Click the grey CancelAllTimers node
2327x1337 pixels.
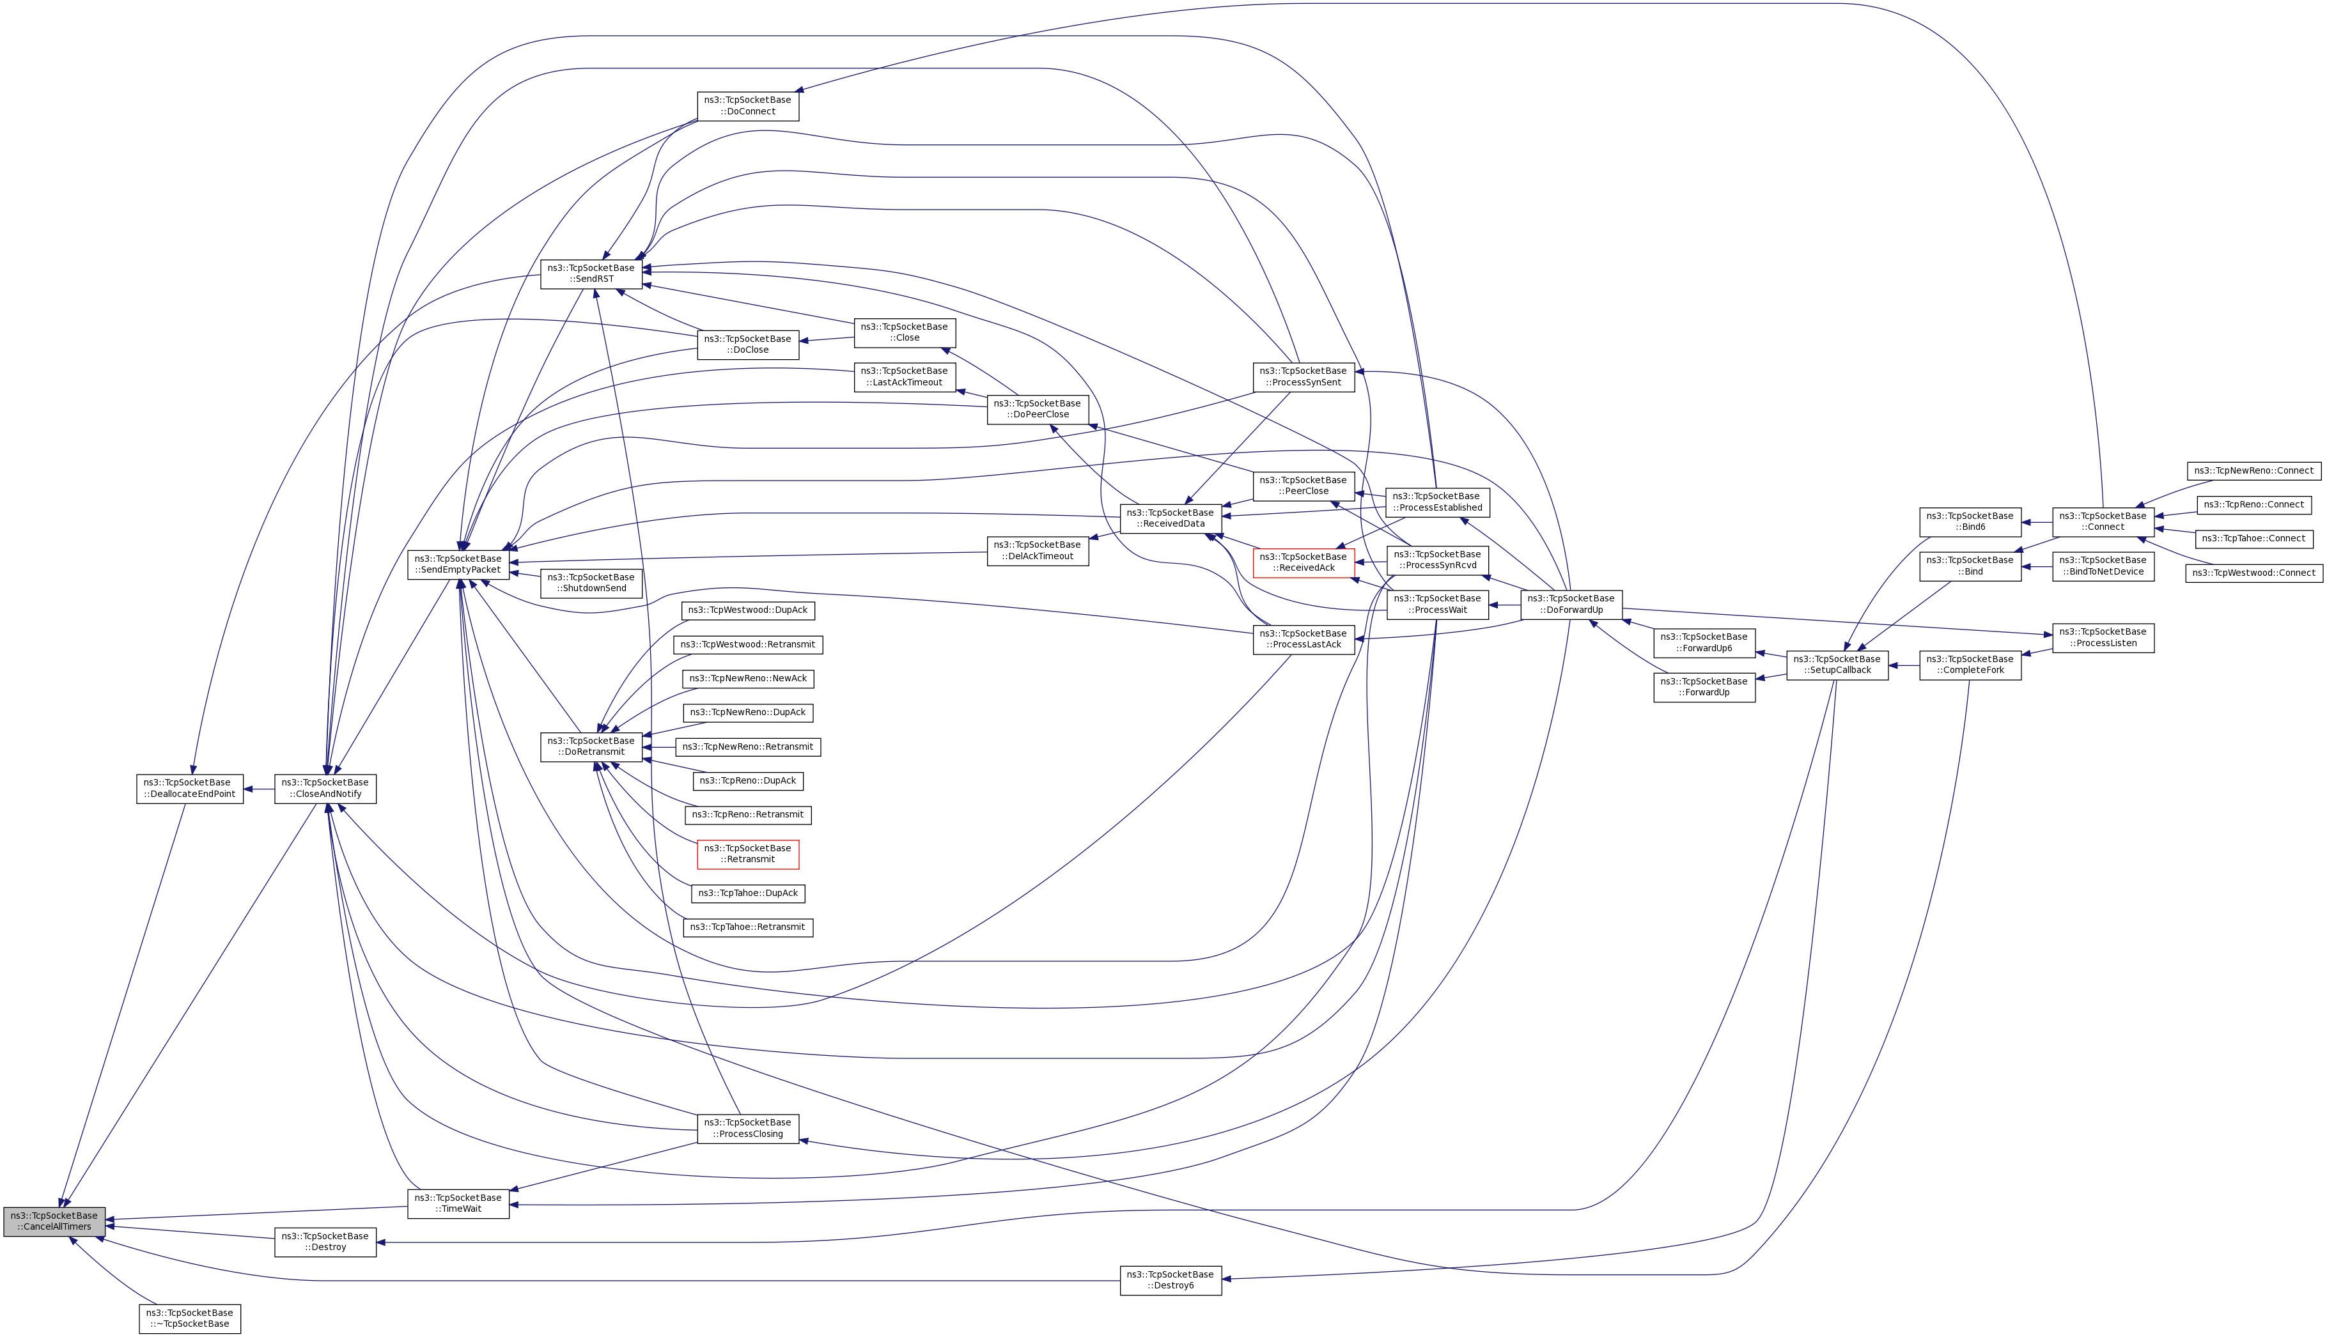pyautogui.click(x=54, y=1221)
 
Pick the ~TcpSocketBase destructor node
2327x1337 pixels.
pyautogui.click(x=189, y=1318)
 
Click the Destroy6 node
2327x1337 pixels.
pyautogui.click(x=1170, y=1280)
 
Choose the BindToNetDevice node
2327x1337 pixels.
pyautogui.click(x=2103, y=566)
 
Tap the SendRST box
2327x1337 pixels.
pyautogui.click(x=591, y=274)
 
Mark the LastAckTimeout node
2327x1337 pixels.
pyautogui.click(x=905, y=376)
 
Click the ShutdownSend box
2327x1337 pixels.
pyautogui.click(x=591, y=583)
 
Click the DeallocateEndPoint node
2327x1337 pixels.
pyautogui.click(x=189, y=788)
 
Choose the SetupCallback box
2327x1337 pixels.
pyautogui.click(x=1837, y=665)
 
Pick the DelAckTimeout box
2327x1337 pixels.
pyautogui.click(x=1037, y=551)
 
